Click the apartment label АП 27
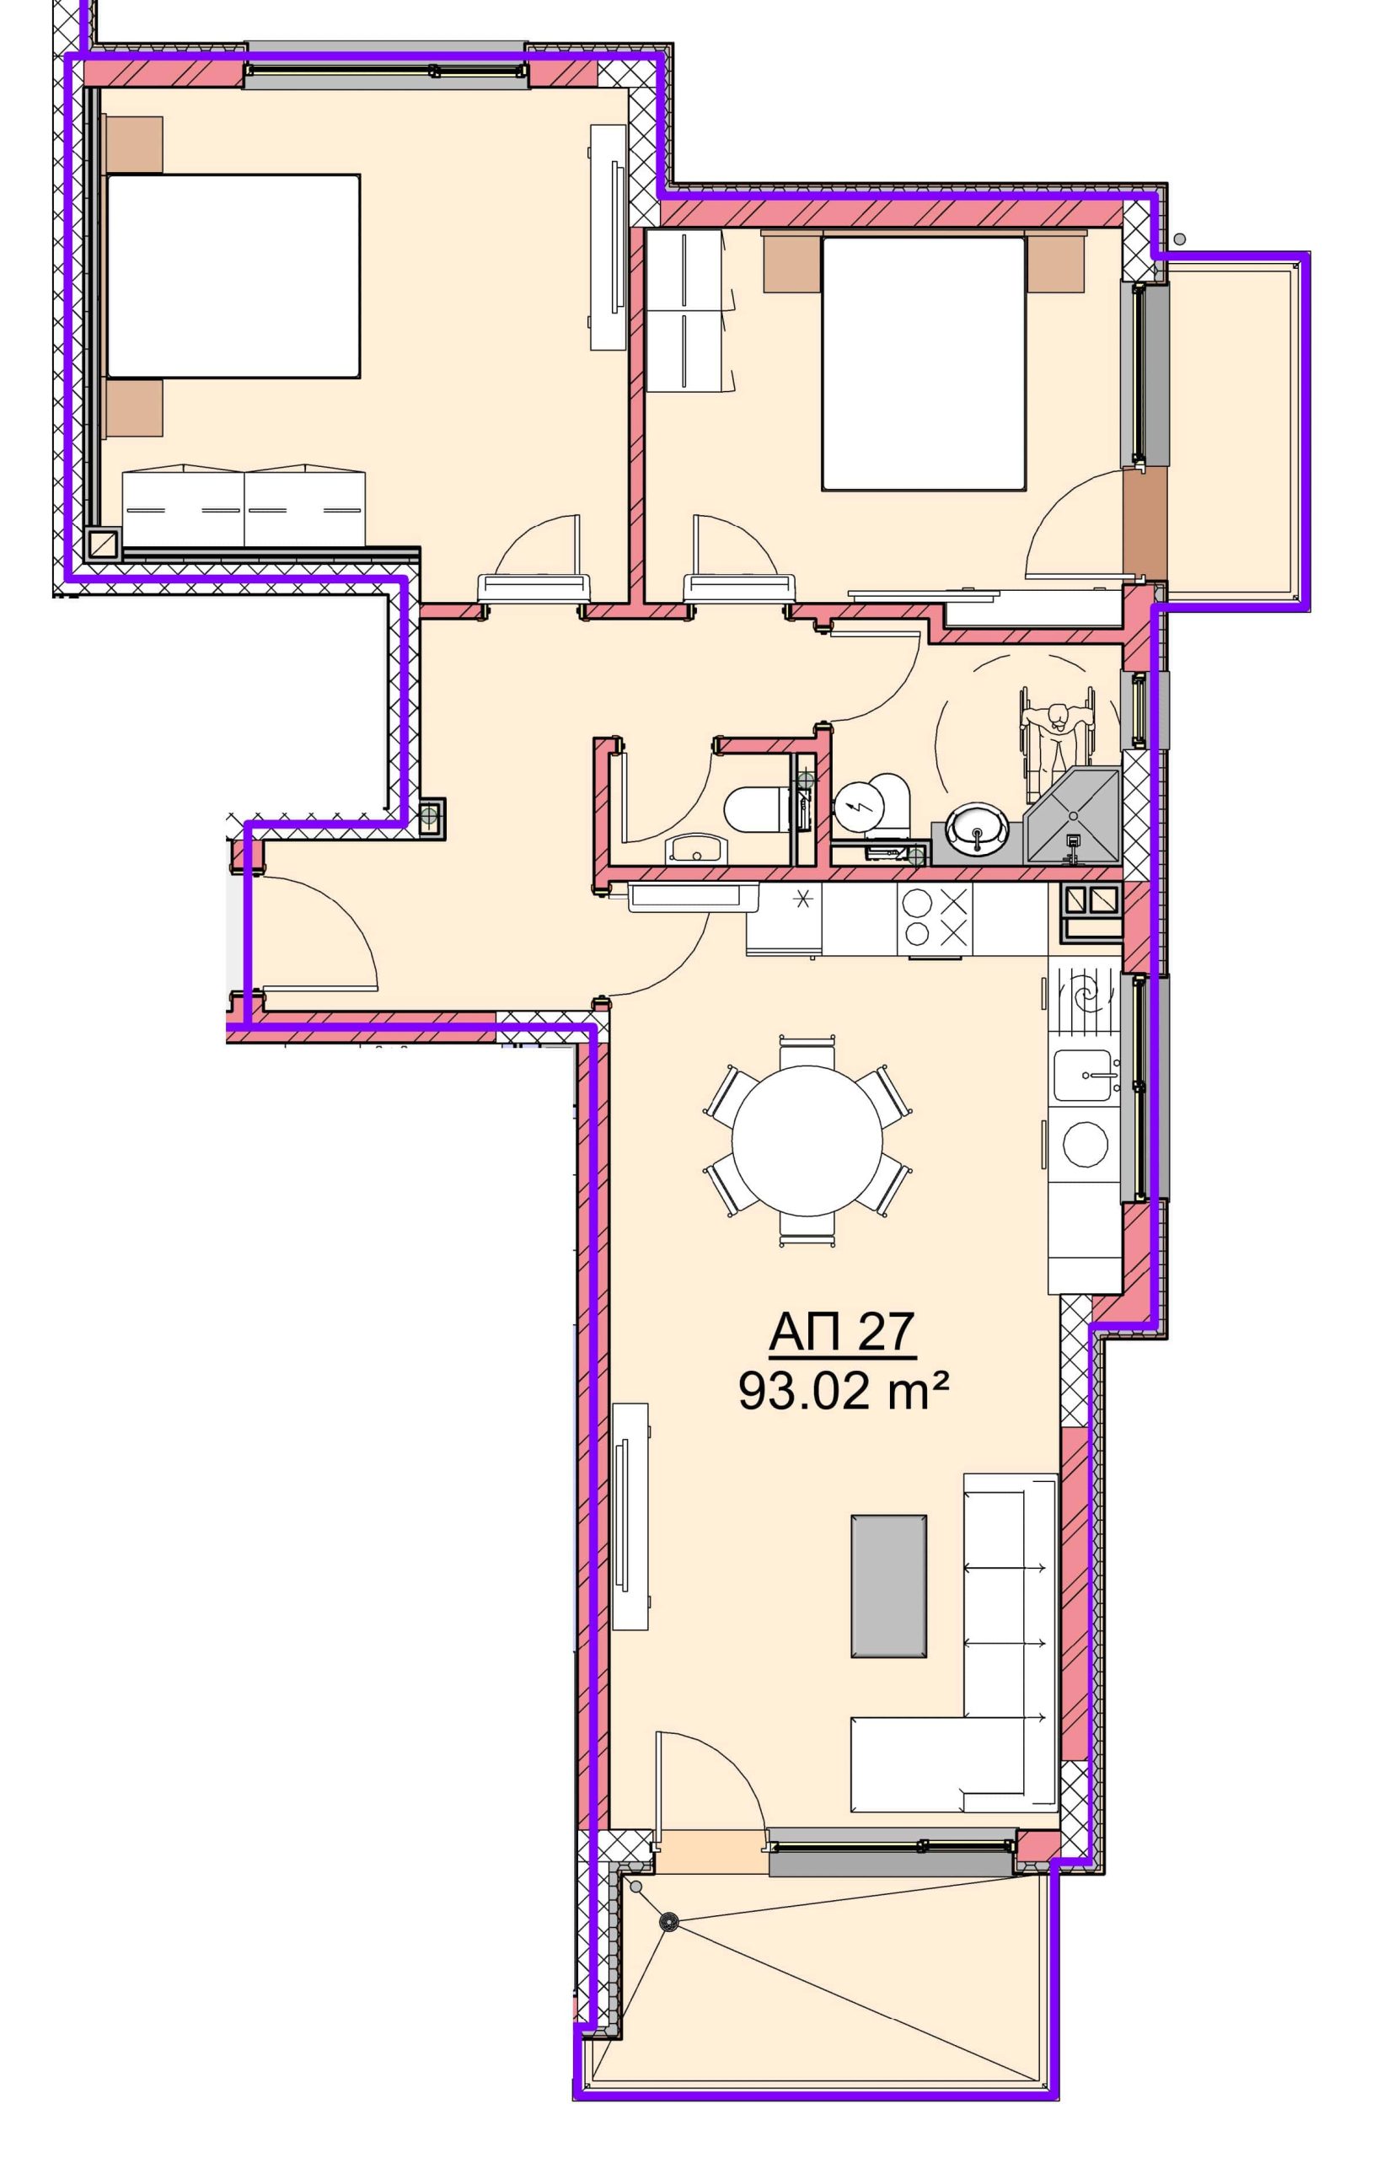[x=842, y=1333]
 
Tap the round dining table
[x=807, y=1141]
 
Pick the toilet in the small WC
[x=759, y=808]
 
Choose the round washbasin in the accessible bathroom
[x=977, y=827]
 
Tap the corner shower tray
[x=1072, y=816]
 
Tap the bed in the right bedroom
[x=924, y=363]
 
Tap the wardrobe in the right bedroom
[x=685, y=310]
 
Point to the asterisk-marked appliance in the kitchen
[x=784, y=919]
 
